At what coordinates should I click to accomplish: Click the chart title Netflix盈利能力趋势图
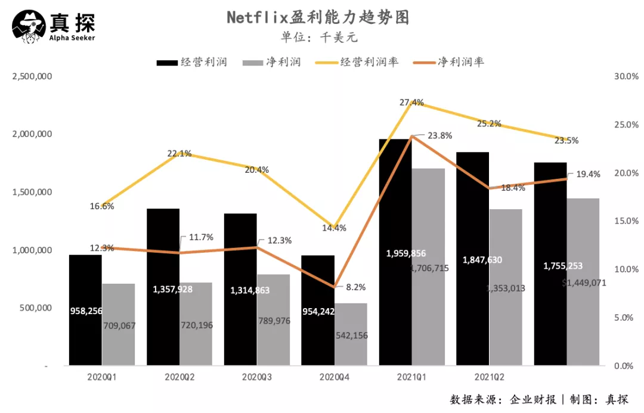(x=318, y=17)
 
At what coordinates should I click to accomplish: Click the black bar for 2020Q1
(x=85, y=310)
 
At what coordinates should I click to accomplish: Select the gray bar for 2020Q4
(x=351, y=334)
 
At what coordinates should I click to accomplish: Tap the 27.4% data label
(x=412, y=103)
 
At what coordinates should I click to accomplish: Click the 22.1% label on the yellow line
(x=179, y=153)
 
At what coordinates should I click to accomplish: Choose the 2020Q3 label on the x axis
(x=257, y=377)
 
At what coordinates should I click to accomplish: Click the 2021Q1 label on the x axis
(x=411, y=377)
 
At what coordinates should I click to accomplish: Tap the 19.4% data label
(x=588, y=175)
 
